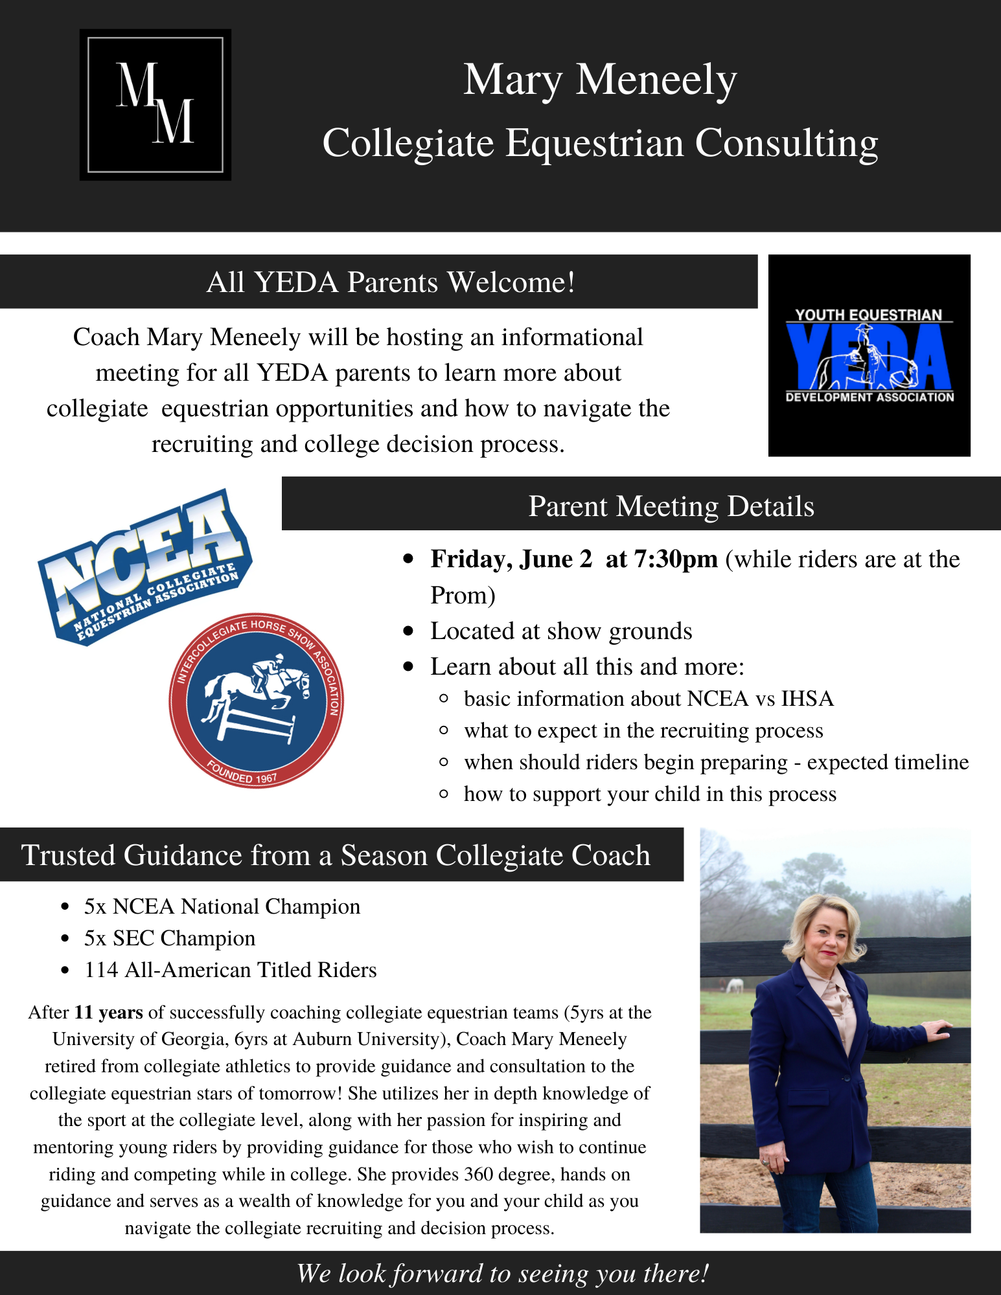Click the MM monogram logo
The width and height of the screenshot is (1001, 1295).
(155, 104)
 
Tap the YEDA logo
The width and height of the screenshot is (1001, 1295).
(869, 355)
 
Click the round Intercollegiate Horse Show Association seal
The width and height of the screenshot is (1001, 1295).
(257, 701)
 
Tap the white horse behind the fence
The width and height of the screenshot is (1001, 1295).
(734, 986)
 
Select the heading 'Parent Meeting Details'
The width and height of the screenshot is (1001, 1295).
(671, 506)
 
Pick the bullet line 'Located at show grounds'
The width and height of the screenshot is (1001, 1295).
(561, 631)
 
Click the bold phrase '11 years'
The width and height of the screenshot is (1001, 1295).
(109, 1013)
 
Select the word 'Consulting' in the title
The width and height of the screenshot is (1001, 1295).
(787, 143)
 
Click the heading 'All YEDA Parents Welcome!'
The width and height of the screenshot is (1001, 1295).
(391, 282)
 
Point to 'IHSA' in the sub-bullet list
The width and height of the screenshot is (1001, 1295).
(807, 699)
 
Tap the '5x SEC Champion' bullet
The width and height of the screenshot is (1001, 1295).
(170, 938)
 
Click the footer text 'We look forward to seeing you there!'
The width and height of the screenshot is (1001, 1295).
(502, 1274)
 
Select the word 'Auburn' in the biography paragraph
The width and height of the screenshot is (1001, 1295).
(324, 1039)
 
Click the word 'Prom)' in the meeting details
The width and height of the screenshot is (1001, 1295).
(463, 596)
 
